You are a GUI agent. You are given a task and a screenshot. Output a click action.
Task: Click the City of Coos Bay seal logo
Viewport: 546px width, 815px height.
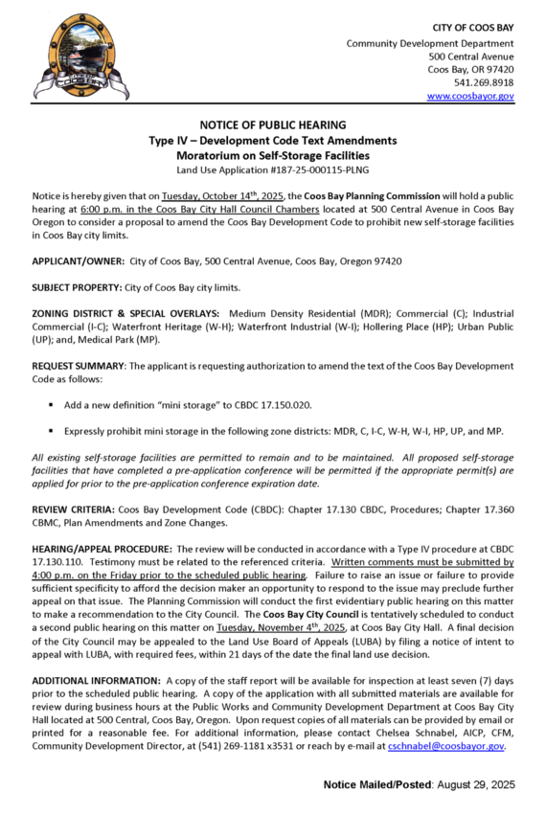point(67,56)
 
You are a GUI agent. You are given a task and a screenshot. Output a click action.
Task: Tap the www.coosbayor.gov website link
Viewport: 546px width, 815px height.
point(470,96)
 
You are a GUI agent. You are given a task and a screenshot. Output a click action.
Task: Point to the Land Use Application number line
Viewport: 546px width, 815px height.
point(272,170)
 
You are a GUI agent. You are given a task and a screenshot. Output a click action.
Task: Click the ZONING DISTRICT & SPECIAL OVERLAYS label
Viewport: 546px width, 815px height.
point(125,314)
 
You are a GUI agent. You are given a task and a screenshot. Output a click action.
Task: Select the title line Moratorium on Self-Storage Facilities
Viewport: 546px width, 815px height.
point(272,155)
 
